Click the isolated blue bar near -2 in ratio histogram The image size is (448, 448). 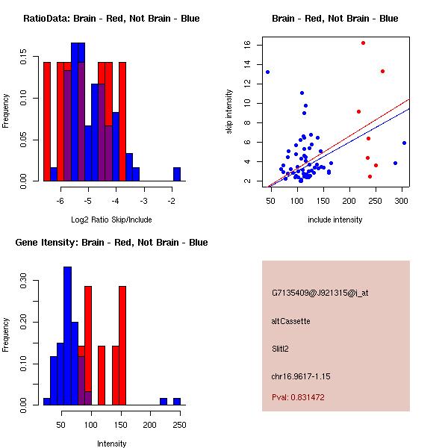point(177,174)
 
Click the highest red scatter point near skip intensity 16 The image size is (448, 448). point(363,43)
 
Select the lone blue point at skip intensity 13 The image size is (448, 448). point(267,72)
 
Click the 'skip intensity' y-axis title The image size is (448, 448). point(229,112)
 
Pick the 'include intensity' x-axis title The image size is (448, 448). point(335,220)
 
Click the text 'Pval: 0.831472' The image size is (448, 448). point(302,397)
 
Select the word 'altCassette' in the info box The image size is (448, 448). point(290,321)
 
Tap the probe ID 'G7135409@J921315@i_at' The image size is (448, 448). point(320,293)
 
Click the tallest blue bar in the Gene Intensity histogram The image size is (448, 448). point(67,336)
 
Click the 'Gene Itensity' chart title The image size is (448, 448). point(111,243)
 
